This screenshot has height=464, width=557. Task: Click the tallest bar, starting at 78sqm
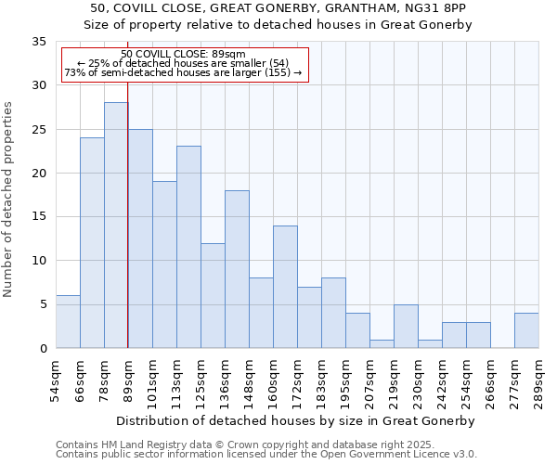[x=116, y=226]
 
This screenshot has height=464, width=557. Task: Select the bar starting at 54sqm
[x=68, y=322]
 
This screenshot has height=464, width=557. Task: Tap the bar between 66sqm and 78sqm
[x=92, y=243]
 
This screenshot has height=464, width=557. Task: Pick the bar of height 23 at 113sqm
[x=188, y=247]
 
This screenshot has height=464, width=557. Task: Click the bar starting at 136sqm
[x=237, y=269]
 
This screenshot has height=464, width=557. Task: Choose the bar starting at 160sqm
[x=285, y=287]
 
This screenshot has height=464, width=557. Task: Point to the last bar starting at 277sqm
[x=526, y=330]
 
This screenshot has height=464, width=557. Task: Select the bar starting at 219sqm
[x=406, y=327]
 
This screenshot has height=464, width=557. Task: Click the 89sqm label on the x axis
[x=128, y=378]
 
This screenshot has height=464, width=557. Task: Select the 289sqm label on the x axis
[x=539, y=378]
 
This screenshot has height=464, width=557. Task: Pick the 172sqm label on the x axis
[x=297, y=378]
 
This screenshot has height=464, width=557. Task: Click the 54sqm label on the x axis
[x=56, y=378]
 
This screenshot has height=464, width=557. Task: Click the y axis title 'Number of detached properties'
[x=8, y=200]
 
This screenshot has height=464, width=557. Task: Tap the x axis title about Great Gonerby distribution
[x=297, y=420]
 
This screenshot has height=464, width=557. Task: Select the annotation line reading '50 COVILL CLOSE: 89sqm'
[x=184, y=54]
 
